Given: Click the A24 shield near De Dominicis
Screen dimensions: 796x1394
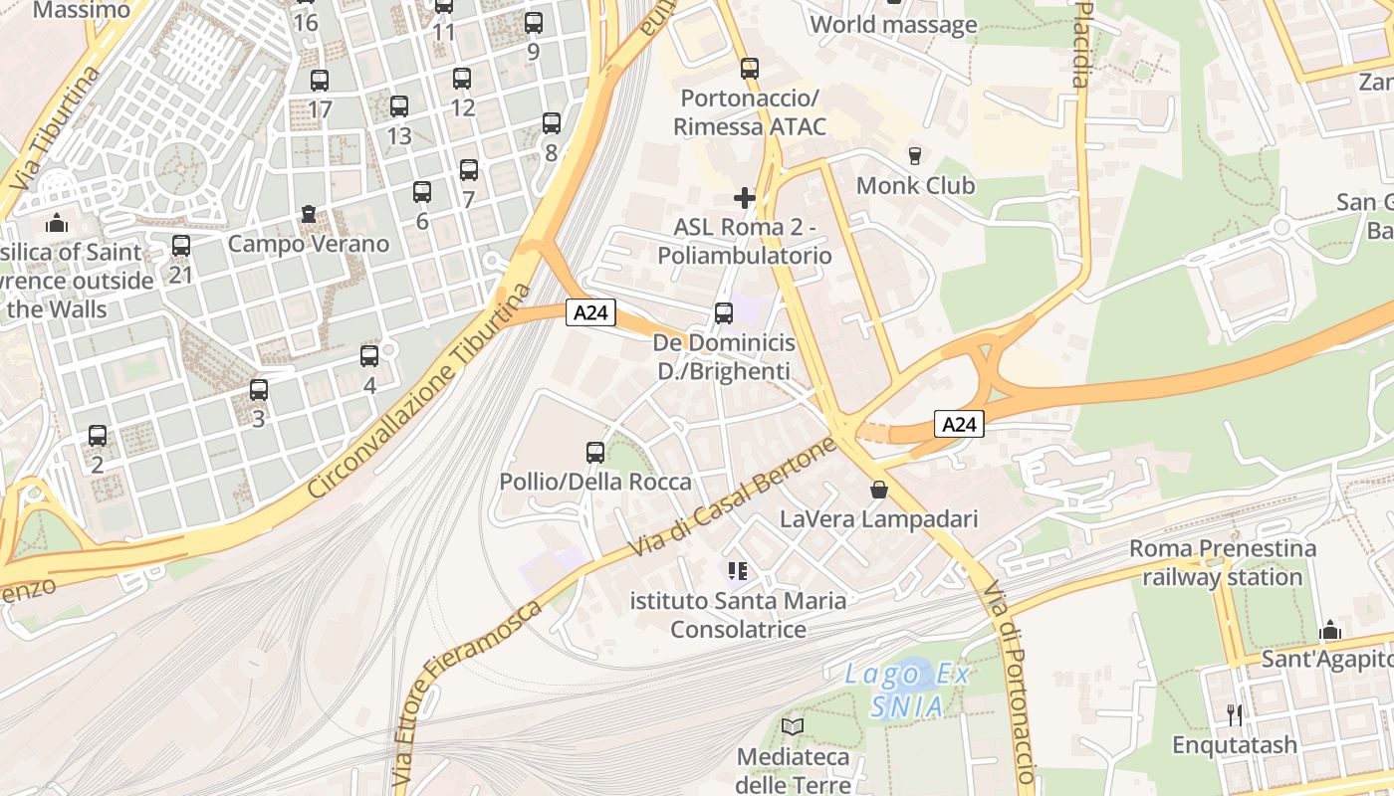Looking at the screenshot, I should [591, 312].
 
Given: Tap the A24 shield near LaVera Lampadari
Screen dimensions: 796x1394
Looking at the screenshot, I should [960, 425].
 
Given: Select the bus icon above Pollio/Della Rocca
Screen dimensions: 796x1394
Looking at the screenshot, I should [595, 453].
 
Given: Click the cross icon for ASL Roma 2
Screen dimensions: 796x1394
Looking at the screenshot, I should [744, 197].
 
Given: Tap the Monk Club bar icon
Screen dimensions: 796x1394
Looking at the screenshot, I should [914, 155].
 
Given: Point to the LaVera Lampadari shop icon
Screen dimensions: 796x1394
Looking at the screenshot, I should [878, 490].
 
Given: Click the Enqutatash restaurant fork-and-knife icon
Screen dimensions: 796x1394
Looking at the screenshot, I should [1235, 714].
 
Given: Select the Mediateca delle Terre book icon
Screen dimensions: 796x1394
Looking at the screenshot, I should [793, 727].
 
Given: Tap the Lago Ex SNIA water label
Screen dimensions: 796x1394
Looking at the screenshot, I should [907, 690].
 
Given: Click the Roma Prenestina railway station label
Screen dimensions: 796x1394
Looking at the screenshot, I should [1223, 563].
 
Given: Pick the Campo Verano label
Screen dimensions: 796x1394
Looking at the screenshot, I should [309, 244].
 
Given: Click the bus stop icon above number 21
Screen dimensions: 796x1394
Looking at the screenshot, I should [180, 246].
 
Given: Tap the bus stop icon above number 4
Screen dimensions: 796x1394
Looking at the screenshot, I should [369, 356].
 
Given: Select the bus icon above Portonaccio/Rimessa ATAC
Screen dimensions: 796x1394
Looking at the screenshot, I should [750, 69].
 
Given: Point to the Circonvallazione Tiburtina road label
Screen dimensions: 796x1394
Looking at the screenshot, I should [421, 391].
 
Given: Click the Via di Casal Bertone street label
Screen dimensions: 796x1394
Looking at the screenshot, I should [732, 497].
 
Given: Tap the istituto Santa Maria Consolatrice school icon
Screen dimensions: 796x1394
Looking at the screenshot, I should [738, 571].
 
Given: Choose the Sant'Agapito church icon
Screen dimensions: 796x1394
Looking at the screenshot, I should [1329, 631].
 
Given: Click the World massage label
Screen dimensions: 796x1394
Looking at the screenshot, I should [894, 25].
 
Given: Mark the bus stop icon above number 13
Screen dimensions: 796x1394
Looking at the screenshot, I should [399, 106].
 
